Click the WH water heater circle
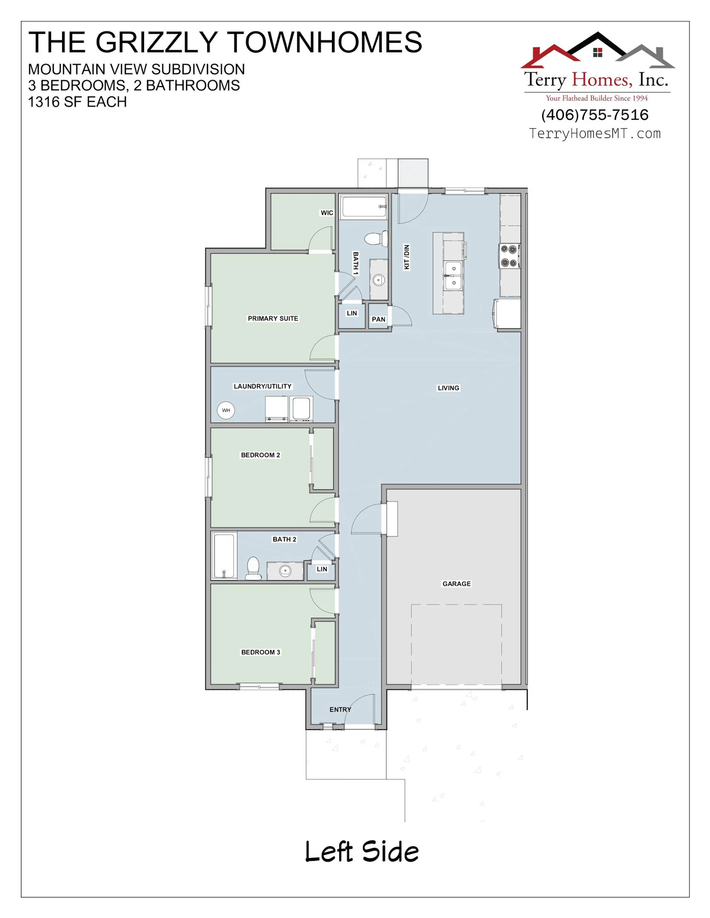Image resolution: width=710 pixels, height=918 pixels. [x=226, y=410]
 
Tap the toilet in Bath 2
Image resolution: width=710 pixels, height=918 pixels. [x=253, y=568]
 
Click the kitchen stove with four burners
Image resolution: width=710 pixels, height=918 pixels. [x=509, y=256]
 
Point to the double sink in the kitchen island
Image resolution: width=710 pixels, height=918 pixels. [x=453, y=276]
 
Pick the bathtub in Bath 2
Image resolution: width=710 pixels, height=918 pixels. [x=224, y=555]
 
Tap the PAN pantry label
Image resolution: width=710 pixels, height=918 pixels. [x=379, y=319]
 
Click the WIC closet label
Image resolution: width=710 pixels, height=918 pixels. [x=327, y=213]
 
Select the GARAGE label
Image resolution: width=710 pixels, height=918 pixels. [x=457, y=584]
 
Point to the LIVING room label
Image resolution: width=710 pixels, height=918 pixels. [x=449, y=388]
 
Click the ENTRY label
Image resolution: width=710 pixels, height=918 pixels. [x=340, y=710]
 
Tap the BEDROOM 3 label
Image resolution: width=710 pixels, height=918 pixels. [x=260, y=652]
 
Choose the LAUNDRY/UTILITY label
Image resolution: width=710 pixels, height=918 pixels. [x=263, y=386]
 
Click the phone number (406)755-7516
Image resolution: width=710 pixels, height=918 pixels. [x=595, y=115]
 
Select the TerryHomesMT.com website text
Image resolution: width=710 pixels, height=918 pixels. [x=595, y=133]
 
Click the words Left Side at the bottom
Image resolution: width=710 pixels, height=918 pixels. [x=362, y=852]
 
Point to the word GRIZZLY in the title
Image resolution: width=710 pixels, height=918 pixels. [x=156, y=42]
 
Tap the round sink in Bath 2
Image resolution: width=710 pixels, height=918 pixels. [x=285, y=571]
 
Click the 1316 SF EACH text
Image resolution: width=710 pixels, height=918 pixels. [x=78, y=102]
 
